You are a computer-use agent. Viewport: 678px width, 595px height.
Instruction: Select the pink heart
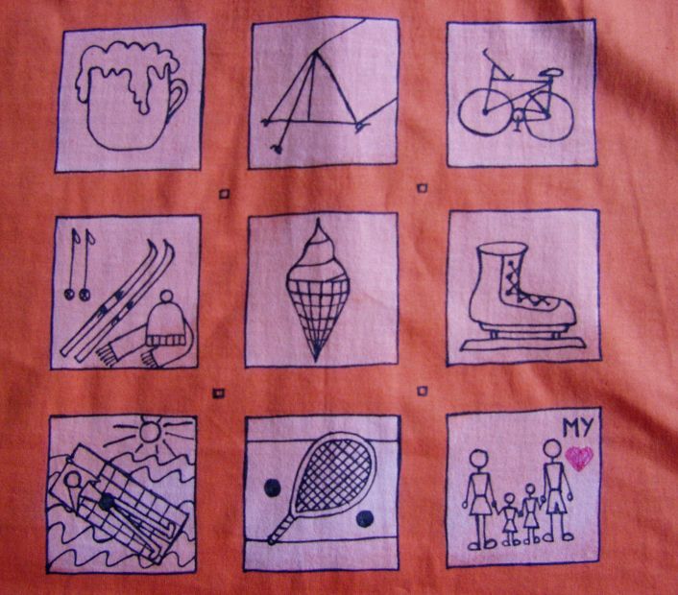pyautogui.click(x=579, y=458)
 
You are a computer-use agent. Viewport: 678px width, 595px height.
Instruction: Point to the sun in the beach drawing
pyautogui.click(x=149, y=431)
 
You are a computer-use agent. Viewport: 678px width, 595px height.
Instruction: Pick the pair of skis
pyautogui.click(x=117, y=300)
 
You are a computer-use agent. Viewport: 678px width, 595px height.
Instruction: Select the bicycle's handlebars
pyautogui.click(x=493, y=65)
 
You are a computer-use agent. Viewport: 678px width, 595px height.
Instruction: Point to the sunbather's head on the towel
pyautogui.click(x=74, y=481)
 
